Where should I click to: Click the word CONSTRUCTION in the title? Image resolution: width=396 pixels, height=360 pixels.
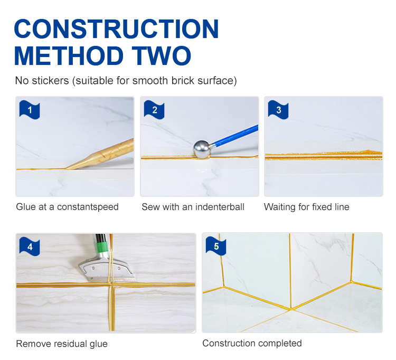116,29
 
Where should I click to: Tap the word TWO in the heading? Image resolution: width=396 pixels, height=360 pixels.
162,55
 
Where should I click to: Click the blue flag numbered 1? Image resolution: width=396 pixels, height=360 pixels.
30,110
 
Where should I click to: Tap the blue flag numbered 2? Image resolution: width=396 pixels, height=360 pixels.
154,110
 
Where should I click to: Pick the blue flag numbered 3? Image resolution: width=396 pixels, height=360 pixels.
278,110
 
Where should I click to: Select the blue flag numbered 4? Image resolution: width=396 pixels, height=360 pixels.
30,247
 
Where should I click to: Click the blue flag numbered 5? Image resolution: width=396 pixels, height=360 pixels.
216,246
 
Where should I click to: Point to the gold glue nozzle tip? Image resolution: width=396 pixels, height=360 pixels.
67,168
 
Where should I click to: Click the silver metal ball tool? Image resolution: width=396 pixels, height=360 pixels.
202,149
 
